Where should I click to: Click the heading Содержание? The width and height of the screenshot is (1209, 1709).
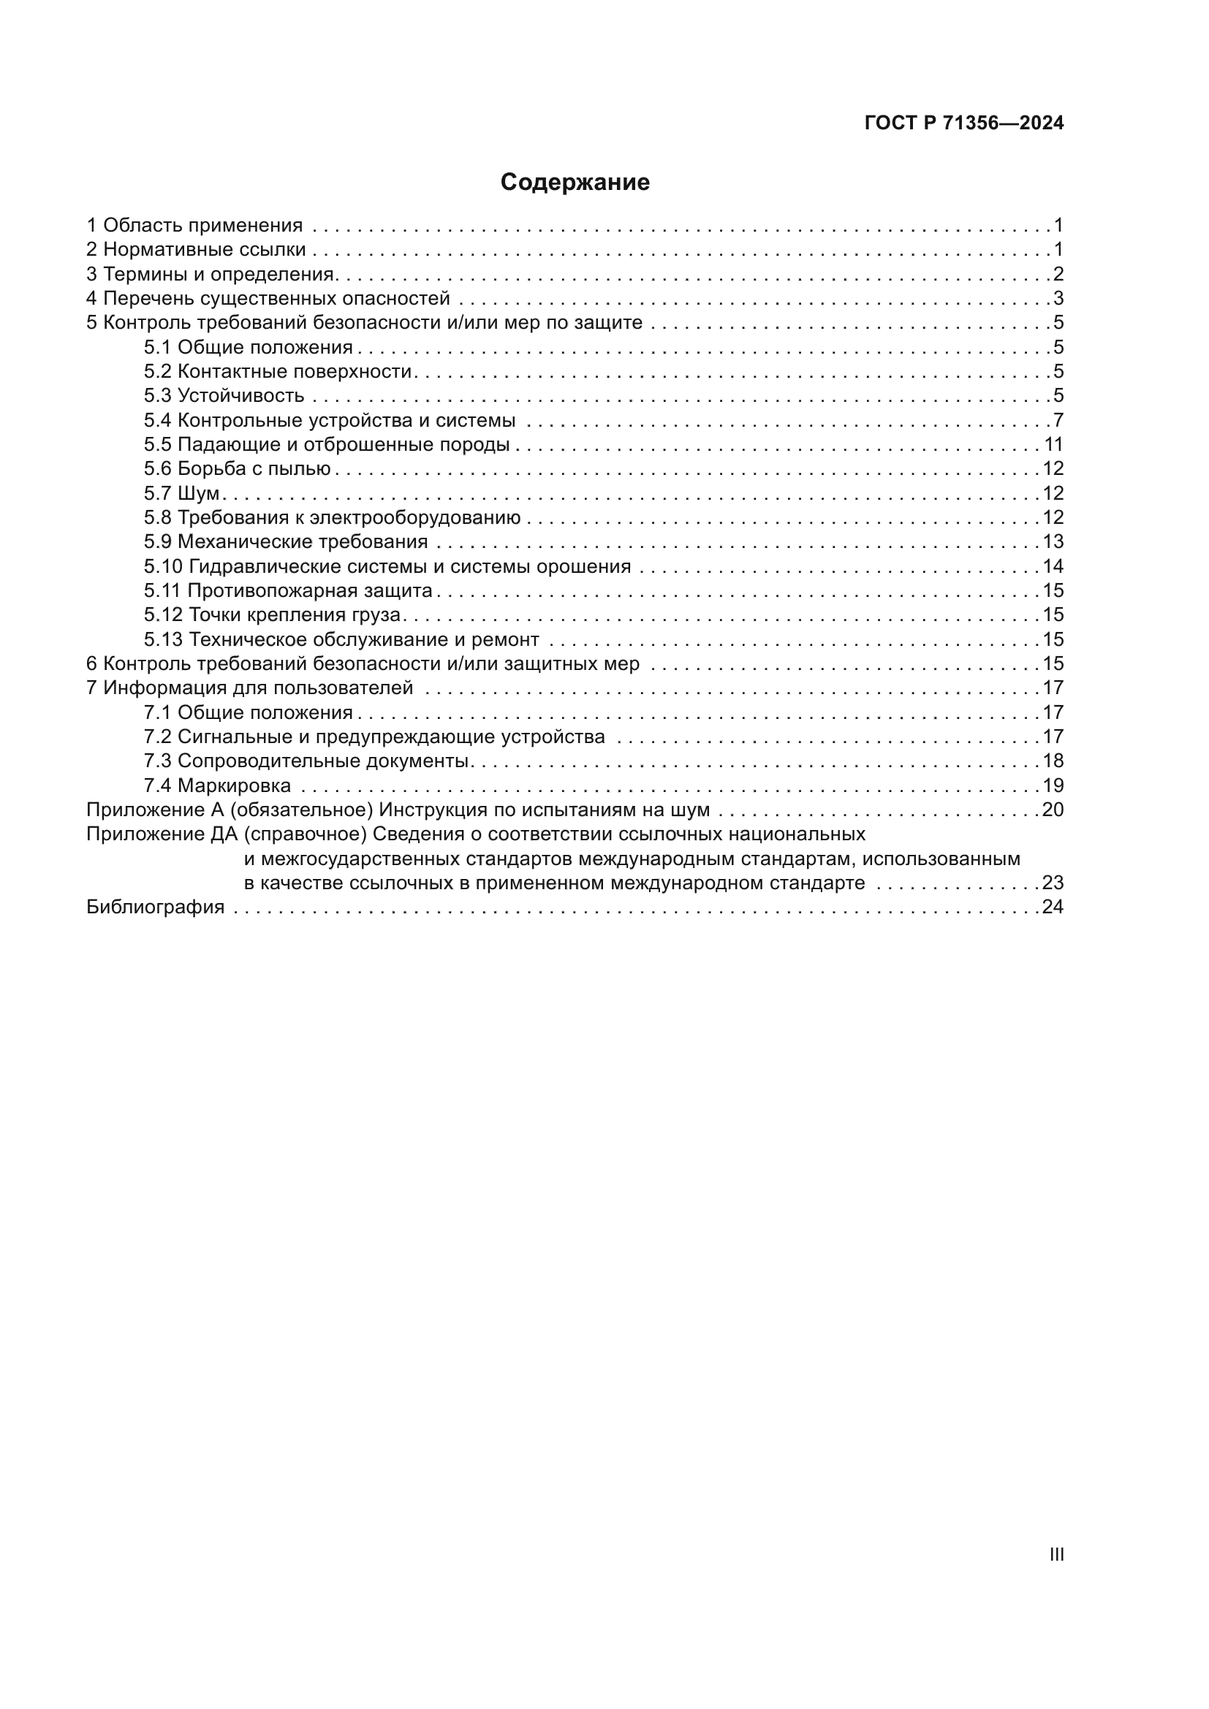pyautogui.click(x=575, y=183)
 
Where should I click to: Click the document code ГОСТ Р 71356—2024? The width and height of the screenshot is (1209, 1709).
pyautogui.click(x=964, y=123)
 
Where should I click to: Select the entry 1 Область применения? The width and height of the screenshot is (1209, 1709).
pyautogui.click(x=194, y=225)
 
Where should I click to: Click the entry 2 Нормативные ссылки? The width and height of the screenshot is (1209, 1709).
pyautogui.click(x=196, y=249)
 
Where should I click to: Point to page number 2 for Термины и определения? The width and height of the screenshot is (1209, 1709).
pyautogui.click(x=1058, y=274)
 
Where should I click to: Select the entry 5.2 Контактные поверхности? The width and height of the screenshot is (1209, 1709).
pyautogui.click(x=278, y=371)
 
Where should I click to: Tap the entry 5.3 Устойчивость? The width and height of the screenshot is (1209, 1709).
pyautogui.click(x=224, y=395)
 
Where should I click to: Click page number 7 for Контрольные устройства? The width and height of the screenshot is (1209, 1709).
pyautogui.click(x=1058, y=420)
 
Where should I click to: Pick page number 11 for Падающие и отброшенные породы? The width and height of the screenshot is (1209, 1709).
pyautogui.click(x=1053, y=444)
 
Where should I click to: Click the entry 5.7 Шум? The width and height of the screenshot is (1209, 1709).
pyautogui.click(x=182, y=493)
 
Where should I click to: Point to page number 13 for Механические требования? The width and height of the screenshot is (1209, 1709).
pyautogui.click(x=1053, y=541)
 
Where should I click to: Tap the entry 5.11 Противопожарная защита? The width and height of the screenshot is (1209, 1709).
pyautogui.click(x=288, y=590)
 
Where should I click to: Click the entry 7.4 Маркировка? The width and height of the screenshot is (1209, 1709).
pyautogui.click(x=217, y=785)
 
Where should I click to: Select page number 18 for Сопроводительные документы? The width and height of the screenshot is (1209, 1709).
pyautogui.click(x=1053, y=761)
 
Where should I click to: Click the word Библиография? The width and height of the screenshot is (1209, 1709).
pyautogui.click(x=156, y=907)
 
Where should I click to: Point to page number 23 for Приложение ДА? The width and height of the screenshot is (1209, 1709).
pyautogui.click(x=1053, y=883)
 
